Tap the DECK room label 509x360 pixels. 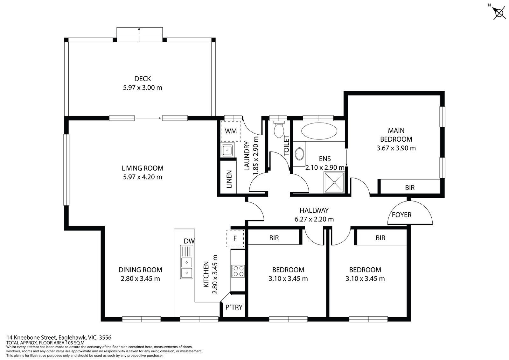point(143,79)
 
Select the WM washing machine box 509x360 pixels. point(231,131)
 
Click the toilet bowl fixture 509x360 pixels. point(279,130)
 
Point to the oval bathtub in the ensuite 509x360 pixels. point(319,131)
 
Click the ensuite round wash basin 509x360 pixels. point(299,154)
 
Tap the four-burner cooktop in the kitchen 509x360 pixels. point(238,271)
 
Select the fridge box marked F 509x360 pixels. point(235,238)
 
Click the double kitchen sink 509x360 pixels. point(186,262)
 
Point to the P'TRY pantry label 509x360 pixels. point(234,307)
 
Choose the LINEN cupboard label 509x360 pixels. point(229,179)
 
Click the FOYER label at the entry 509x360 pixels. point(401,215)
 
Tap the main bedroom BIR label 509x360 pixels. point(410,187)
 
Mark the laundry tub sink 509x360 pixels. point(227,150)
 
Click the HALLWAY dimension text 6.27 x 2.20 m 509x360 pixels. point(314,219)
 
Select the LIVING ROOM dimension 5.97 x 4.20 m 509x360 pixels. point(143,177)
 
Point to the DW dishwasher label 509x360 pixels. point(189,241)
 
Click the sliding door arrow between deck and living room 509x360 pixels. point(148,118)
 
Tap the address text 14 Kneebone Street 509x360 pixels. point(32,337)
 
